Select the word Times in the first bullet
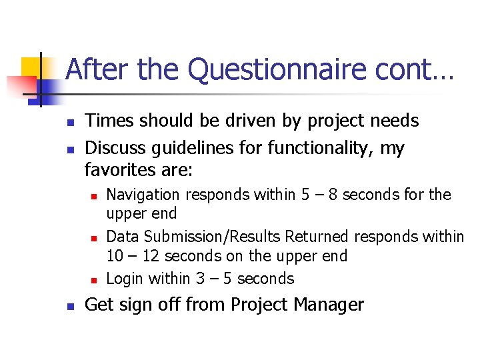pyautogui.click(x=108, y=121)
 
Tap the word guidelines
pyautogui.click(x=199, y=147)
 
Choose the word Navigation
pyautogui.click(x=143, y=195)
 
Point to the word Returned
pyautogui.click(x=317, y=237)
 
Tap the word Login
pyautogui.click(x=125, y=278)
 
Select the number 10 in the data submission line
pyautogui.click(x=115, y=256)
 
